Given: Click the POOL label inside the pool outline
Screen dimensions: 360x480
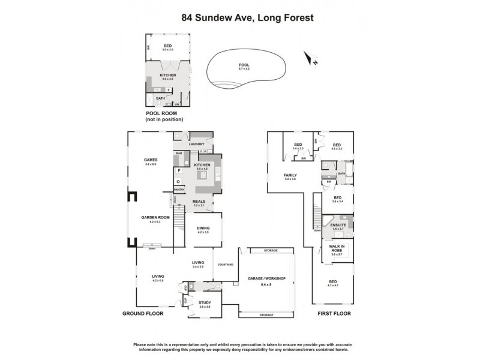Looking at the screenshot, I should point(244,65).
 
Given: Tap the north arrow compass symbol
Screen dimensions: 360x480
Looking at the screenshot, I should point(310,58).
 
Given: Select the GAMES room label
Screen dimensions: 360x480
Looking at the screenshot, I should point(150,160).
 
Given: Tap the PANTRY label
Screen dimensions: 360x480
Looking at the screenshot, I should point(179,190).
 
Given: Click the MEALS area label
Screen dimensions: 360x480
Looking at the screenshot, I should point(199,202).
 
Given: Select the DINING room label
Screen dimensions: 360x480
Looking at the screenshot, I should point(203,228).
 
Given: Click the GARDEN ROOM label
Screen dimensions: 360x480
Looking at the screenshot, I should point(155,218).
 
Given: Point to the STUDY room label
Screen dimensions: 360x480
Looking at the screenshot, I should point(205,303).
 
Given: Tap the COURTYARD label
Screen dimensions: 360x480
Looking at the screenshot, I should point(225,264).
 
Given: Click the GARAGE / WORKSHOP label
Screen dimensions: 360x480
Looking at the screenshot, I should point(267,278).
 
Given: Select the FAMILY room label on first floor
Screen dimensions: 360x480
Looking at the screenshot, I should point(290,175).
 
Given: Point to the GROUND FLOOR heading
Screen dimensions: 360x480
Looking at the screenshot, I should point(143,314).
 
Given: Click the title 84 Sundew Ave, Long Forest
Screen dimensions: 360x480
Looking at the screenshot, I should point(239,18).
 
